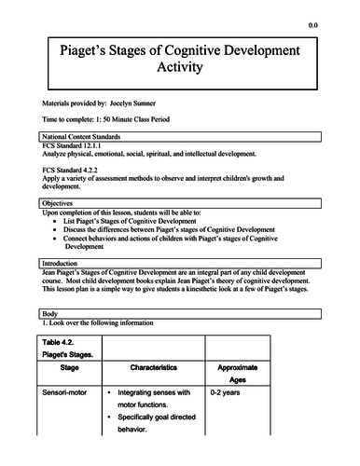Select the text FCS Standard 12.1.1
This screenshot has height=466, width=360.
pyautogui.click(x=79, y=148)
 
